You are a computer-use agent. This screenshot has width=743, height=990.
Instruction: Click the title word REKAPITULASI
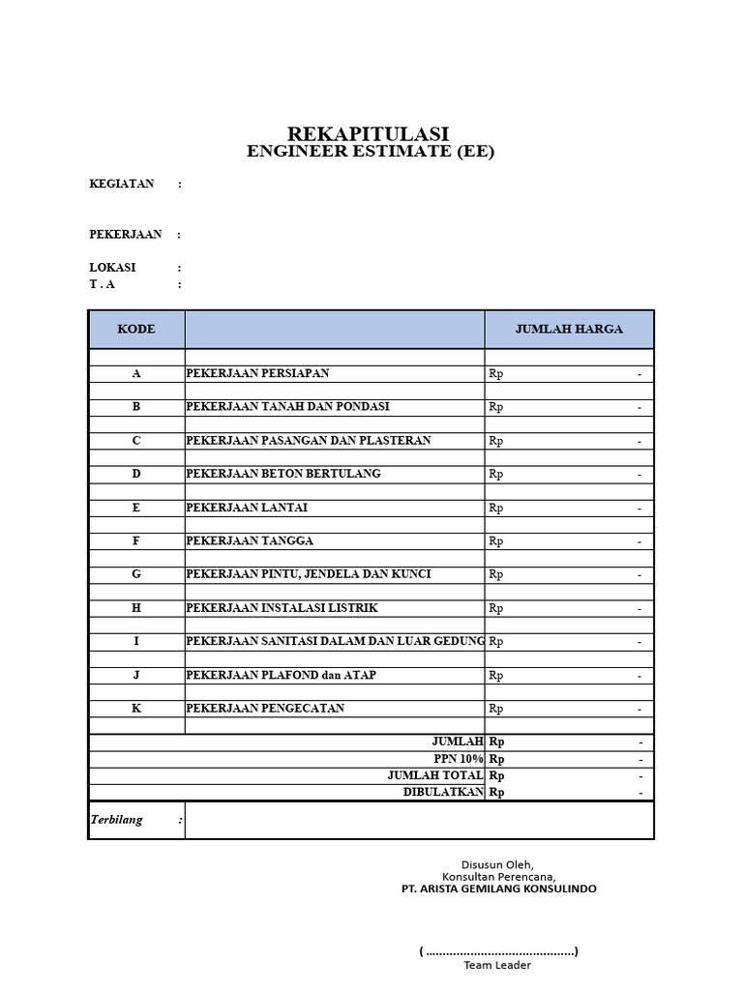tap(368, 133)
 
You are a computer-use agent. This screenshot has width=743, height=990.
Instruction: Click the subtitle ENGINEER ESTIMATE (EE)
tap(371, 152)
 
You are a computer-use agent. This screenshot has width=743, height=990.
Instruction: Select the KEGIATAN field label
tap(122, 184)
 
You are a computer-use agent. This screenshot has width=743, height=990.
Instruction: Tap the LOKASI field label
tap(112, 268)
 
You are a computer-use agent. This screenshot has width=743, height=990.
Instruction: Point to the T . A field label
tap(102, 284)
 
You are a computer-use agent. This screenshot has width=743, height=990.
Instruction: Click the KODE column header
tap(136, 329)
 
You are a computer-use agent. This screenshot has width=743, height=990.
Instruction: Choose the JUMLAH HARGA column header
tap(569, 329)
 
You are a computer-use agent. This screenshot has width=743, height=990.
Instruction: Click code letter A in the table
tap(136, 373)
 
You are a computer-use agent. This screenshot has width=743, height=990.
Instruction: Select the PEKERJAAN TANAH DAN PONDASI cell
tap(287, 407)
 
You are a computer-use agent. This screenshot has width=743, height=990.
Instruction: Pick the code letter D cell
tap(136, 474)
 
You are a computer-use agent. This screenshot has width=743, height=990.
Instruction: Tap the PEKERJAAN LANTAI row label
tap(247, 508)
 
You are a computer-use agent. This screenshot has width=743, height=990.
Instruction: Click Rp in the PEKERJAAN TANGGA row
tap(496, 541)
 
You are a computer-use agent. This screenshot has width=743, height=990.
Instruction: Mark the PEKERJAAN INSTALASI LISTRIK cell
tap(282, 608)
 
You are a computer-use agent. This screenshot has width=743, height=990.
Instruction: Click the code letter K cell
tap(136, 709)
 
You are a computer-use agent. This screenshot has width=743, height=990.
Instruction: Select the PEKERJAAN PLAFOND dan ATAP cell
tap(282, 675)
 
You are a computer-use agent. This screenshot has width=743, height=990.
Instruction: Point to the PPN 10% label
tap(459, 759)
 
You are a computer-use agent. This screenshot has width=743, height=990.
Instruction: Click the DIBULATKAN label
tap(443, 792)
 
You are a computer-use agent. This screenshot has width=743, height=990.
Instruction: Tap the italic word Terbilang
tap(116, 820)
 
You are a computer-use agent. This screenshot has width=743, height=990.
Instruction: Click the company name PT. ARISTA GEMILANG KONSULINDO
tap(499, 888)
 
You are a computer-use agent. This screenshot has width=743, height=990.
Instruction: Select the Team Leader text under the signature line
tap(497, 965)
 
